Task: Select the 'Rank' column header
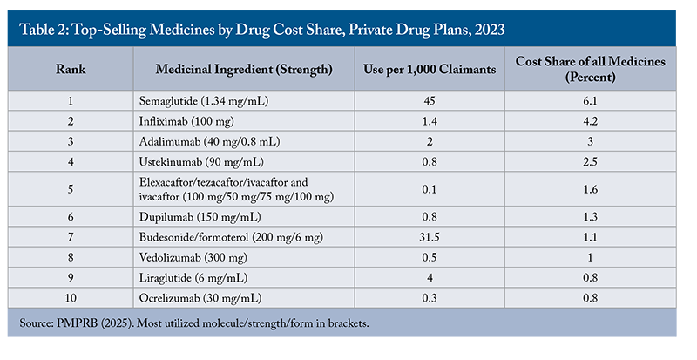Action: click(71, 68)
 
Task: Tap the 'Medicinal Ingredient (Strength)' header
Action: click(244, 68)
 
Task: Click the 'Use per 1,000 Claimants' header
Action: click(429, 68)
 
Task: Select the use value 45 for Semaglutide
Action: click(429, 102)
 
